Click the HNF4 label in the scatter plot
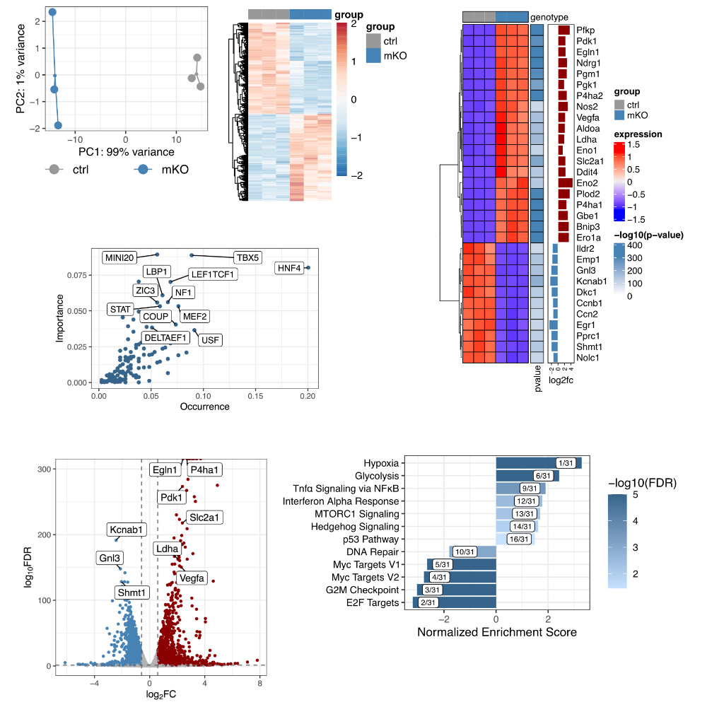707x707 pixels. pos(290,268)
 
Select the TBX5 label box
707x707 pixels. pos(248,257)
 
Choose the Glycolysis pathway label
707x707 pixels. pos(377,476)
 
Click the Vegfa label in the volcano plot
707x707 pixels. pos(192,578)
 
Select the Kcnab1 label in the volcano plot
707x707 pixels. pos(127,529)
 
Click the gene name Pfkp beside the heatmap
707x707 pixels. pos(585,30)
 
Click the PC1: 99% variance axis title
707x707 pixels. pos(126,151)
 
